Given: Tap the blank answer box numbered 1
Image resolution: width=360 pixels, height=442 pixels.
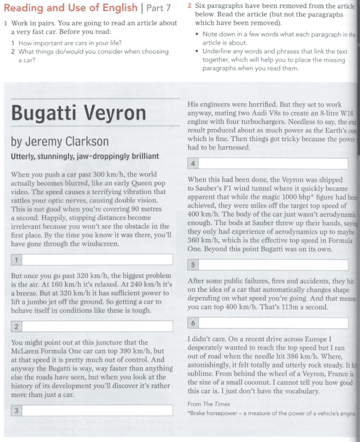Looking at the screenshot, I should [x=97, y=259].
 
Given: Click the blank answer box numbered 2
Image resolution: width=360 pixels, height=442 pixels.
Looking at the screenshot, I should [x=97, y=326].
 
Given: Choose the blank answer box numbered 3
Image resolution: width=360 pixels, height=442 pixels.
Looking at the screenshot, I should [x=97, y=410].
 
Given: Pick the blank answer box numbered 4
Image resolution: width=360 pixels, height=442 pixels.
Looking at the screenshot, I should [x=273, y=164].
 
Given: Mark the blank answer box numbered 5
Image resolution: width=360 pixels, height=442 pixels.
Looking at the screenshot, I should [x=273, y=265].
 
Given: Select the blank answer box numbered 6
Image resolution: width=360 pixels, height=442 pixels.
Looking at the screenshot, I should [x=273, y=323].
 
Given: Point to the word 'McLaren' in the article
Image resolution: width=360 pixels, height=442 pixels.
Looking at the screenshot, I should [x=25, y=351].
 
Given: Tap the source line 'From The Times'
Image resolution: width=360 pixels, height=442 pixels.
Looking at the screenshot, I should [x=209, y=404].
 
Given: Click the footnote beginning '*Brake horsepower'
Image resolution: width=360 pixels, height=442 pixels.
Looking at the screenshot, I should [x=271, y=414].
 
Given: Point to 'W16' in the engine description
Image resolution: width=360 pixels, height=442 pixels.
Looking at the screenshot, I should [x=346, y=113].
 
